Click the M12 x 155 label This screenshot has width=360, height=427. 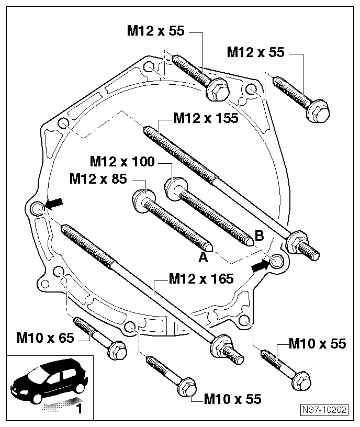point(206,119)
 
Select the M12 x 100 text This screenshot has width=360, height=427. point(122,161)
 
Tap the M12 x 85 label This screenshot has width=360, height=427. point(98,179)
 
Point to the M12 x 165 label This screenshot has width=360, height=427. point(201,278)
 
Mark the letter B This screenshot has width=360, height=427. point(258,235)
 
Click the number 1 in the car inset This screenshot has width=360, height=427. point(78,408)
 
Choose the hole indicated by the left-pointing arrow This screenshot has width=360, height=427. point(37,209)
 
